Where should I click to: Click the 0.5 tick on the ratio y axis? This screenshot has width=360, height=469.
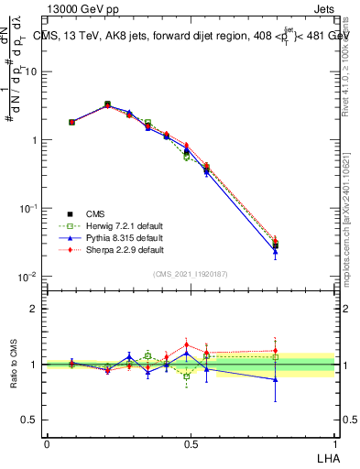tap(31, 420)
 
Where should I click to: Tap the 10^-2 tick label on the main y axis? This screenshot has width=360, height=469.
tap(28, 277)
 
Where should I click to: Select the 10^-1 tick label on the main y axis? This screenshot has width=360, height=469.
tap(28, 209)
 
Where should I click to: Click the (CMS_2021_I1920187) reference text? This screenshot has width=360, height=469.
tap(191, 274)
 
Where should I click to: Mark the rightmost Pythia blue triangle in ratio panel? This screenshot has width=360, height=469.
tap(275, 379)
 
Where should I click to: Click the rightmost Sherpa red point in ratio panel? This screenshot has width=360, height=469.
tap(275, 350)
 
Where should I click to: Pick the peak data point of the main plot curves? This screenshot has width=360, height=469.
tap(108, 104)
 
